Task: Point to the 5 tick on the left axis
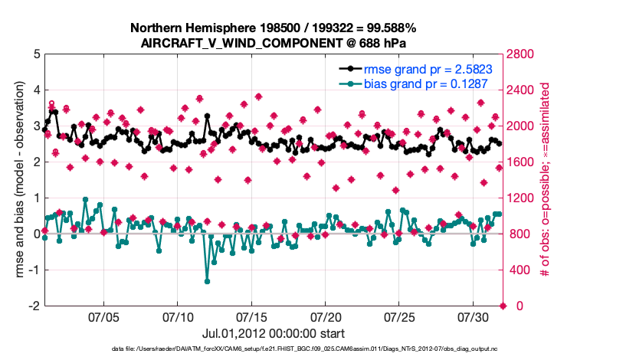[37, 54]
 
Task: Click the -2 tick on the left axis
[34, 306]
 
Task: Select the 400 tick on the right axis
[520, 270]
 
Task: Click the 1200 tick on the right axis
[523, 198]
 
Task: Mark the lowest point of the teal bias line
[208, 281]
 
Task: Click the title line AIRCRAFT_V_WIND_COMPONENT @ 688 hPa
[274, 43]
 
